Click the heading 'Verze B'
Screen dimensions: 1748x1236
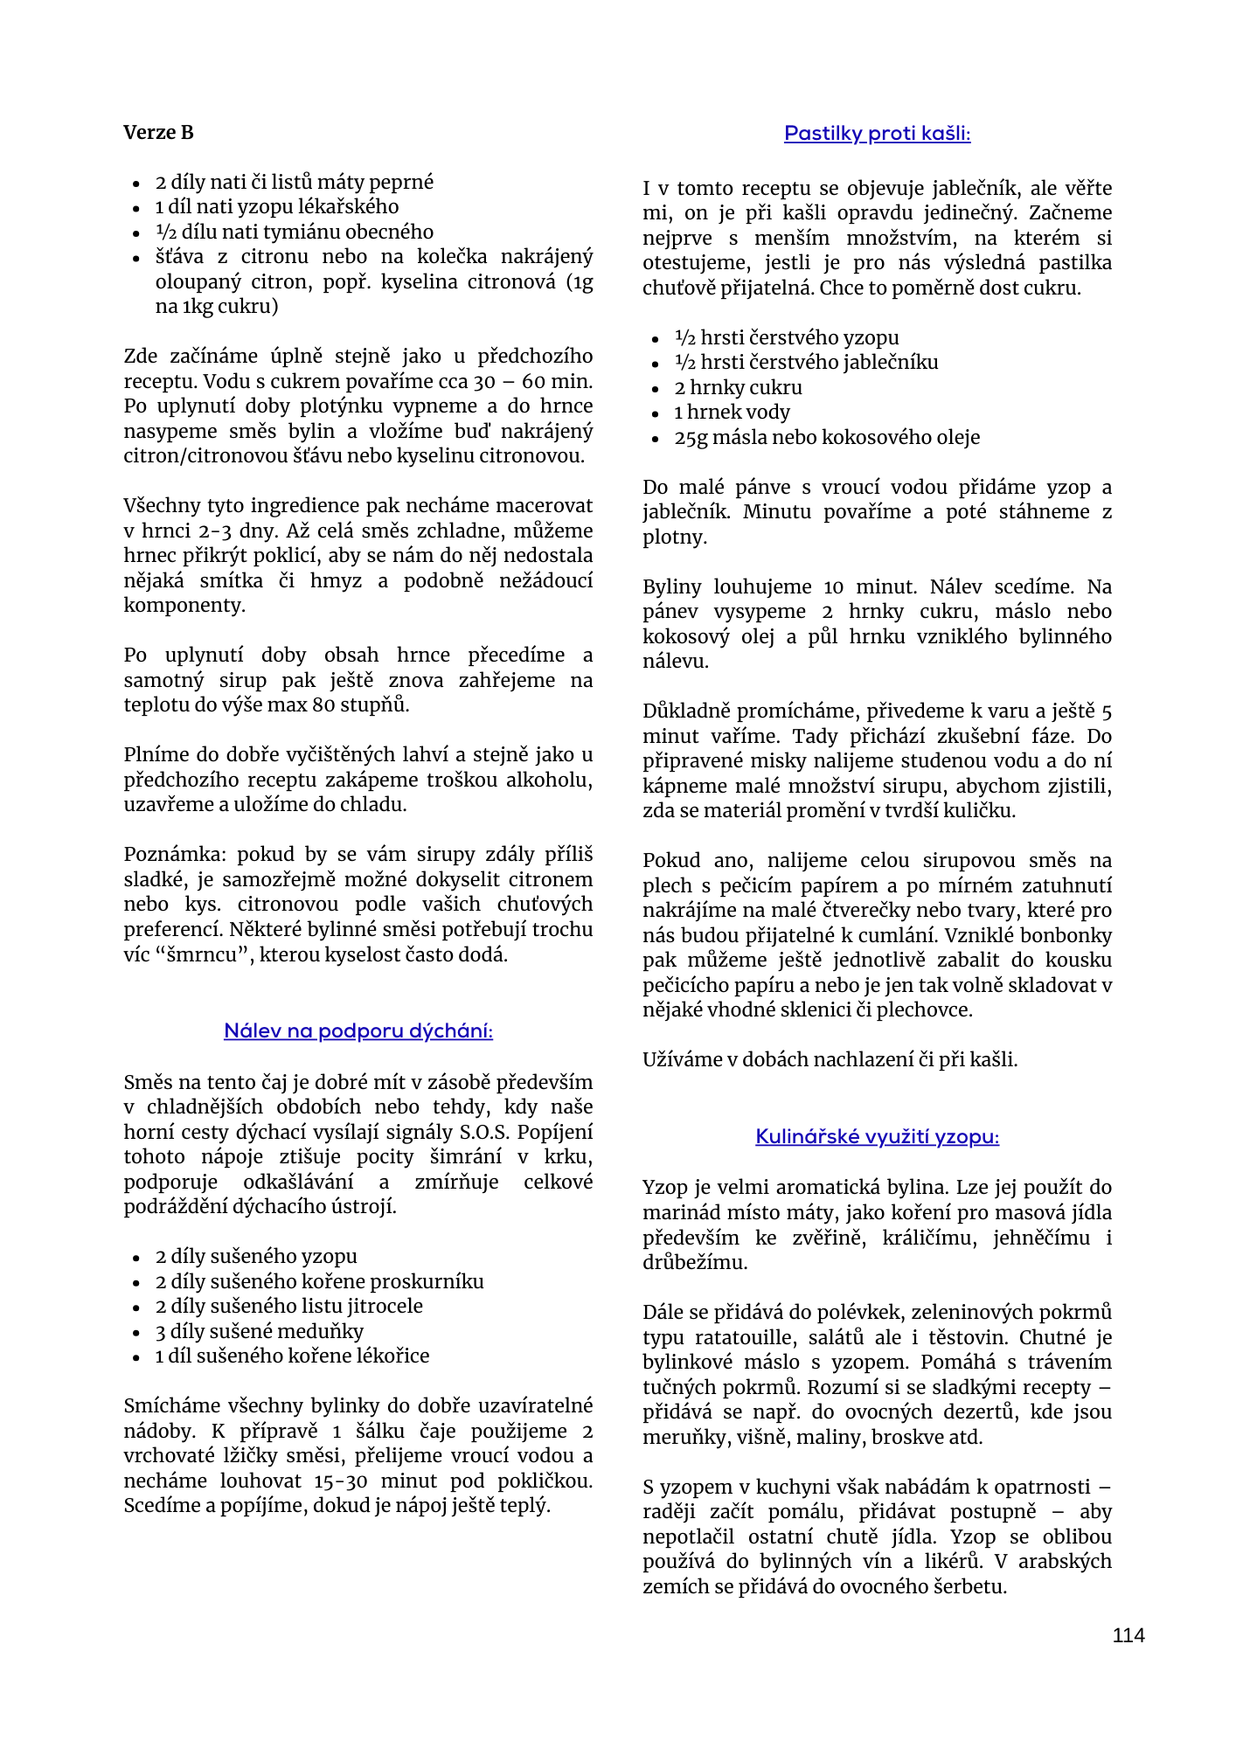click(x=158, y=133)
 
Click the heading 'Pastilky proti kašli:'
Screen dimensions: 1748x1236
click(x=877, y=134)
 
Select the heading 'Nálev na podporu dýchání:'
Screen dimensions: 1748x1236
click(x=358, y=1031)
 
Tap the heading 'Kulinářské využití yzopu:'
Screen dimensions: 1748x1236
click(x=877, y=1137)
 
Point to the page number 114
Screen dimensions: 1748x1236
click(x=1128, y=1636)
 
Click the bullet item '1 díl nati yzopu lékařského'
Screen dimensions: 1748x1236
click(x=276, y=207)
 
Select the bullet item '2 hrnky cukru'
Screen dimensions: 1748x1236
click(x=738, y=388)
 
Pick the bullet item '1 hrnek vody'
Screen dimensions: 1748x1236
click(x=732, y=413)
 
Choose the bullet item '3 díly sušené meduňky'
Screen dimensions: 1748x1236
click(x=259, y=1332)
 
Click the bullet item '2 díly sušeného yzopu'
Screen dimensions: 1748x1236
click(x=256, y=1257)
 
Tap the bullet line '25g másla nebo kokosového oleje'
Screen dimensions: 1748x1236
click(x=827, y=438)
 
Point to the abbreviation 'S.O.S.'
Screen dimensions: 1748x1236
click(x=485, y=1133)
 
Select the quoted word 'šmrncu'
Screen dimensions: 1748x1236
click(x=201, y=955)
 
